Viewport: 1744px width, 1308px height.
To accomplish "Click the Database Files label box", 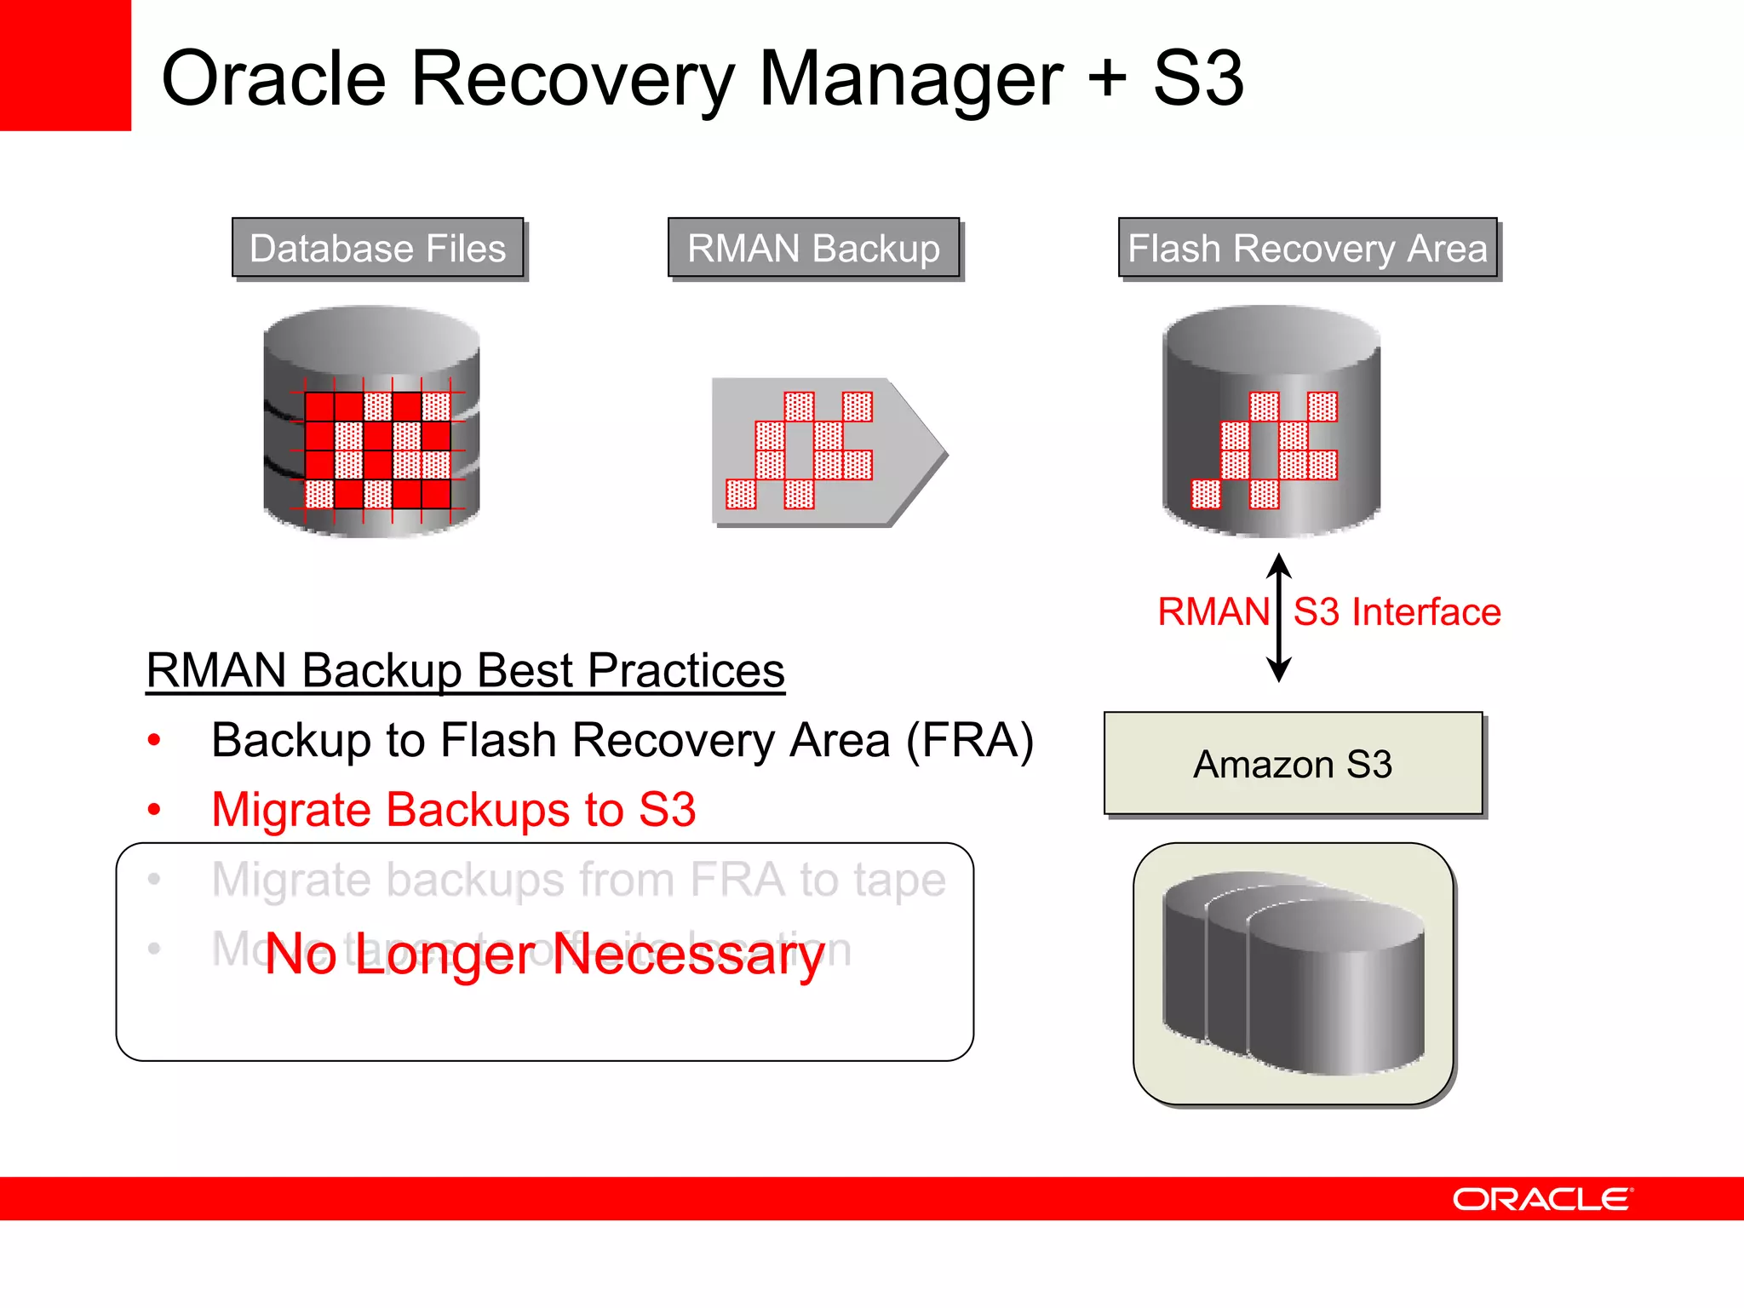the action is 378,248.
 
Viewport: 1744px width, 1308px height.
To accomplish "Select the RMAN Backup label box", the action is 813,248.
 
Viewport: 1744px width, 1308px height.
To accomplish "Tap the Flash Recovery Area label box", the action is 1307,248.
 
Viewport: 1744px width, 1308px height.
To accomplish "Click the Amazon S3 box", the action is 1293,764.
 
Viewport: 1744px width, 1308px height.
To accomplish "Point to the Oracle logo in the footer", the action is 1542,1199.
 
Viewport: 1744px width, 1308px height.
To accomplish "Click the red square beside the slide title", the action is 65,65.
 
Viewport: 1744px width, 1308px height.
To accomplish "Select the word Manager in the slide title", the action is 910,78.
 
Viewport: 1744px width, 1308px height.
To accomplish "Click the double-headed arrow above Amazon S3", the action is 1279,617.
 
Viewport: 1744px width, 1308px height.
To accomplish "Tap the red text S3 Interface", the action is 1397,612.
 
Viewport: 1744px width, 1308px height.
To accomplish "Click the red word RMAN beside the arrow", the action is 1213,612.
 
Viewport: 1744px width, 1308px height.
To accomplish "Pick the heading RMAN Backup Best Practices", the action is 465,670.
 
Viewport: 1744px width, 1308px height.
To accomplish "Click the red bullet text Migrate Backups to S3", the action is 453,809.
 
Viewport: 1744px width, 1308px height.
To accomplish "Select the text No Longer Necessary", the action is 545,954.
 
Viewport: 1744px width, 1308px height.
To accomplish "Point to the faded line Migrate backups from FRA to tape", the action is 578,880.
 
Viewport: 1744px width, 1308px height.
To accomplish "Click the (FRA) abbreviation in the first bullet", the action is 970,740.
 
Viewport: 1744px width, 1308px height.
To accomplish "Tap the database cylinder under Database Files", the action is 371,422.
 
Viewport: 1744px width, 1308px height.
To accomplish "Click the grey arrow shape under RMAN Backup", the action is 828,451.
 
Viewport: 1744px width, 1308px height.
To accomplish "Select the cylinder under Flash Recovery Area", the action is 1271,422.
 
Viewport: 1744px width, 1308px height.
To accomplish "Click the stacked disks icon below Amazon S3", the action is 1293,972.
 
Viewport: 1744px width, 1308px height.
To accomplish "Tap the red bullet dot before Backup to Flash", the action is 154,740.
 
